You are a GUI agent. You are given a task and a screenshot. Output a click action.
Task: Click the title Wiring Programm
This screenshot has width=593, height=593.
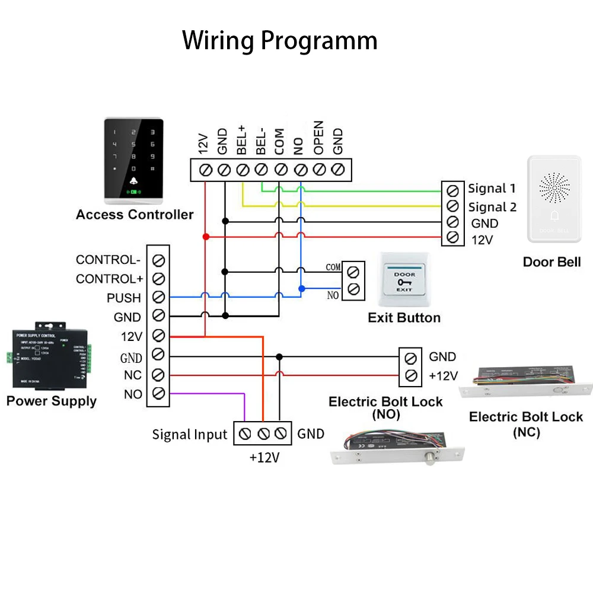[279, 41]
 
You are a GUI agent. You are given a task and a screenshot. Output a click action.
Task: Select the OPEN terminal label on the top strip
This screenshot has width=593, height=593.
[318, 138]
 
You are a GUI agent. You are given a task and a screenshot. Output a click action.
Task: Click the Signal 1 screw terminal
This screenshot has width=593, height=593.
[452, 190]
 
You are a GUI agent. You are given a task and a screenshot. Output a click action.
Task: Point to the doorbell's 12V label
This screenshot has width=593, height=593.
[482, 240]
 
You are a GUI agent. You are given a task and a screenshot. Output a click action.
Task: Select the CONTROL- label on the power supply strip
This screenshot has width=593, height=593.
[107, 260]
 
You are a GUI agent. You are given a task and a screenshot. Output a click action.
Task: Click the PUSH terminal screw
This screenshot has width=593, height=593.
[158, 297]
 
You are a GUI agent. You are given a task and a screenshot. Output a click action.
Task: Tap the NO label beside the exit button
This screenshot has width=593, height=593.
[333, 295]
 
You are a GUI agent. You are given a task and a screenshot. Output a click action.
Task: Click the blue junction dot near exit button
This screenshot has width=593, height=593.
[302, 289]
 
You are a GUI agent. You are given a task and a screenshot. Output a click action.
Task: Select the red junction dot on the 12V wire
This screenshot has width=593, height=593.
[205, 237]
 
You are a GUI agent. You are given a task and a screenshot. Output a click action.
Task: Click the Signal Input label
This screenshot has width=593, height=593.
[189, 434]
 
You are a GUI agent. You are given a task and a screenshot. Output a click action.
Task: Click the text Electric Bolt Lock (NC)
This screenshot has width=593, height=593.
[526, 424]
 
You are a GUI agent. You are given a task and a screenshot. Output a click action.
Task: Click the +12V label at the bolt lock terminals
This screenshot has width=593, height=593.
[443, 375]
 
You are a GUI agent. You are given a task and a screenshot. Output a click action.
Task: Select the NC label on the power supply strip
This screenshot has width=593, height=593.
[132, 375]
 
